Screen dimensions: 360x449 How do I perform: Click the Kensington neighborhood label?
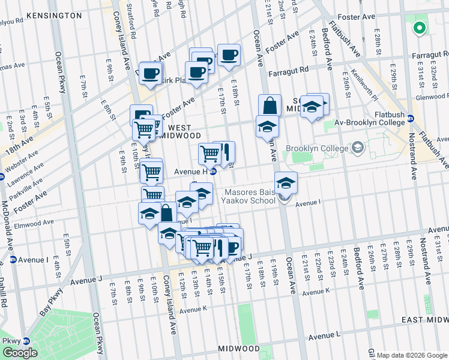pyautogui.click(x=46, y=14)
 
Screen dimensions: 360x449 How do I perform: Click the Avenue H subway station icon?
pyautogui.click(x=212, y=172)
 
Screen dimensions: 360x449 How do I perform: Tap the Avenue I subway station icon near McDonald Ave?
pyautogui.click(x=13, y=260)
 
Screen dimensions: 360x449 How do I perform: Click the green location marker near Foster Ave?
pyautogui.click(x=419, y=27)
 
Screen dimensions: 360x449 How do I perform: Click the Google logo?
pyautogui.click(x=20, y=353)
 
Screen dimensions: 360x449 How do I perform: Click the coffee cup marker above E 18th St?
pyautogui.click(x=228, y=55)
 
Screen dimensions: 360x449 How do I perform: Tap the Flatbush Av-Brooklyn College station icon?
pyautogui.click(x=411, y=118)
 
